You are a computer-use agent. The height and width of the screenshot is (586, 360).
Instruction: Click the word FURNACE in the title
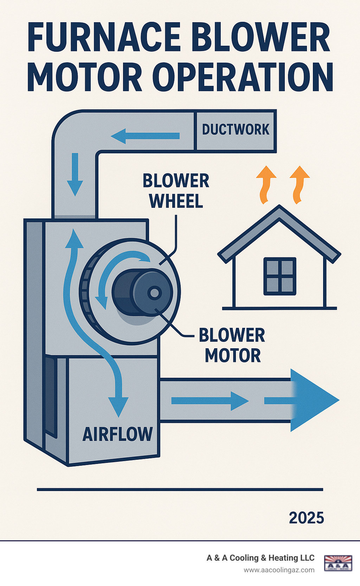[104, 38]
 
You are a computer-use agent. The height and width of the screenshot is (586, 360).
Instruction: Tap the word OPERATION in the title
[243, 77]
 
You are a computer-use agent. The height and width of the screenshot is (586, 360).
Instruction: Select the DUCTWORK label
[236, 130]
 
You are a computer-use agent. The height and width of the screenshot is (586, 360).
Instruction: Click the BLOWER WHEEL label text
[176, 191]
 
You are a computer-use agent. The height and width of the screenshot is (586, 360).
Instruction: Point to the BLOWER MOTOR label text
[232, 345]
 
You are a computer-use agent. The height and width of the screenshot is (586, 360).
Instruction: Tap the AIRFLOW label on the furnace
[117, 434]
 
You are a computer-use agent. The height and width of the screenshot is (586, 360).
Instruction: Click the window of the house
[280, 276]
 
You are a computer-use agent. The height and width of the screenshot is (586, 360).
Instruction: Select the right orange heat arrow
[299, 185]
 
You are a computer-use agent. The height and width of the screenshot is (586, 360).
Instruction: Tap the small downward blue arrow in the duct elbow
[75, 174]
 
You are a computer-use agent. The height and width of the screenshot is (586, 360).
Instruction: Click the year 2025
[306, 518]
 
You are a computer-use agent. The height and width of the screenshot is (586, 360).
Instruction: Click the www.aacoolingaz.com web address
[279, 570]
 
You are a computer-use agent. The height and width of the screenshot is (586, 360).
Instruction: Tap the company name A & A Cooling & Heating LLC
[261, 558]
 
